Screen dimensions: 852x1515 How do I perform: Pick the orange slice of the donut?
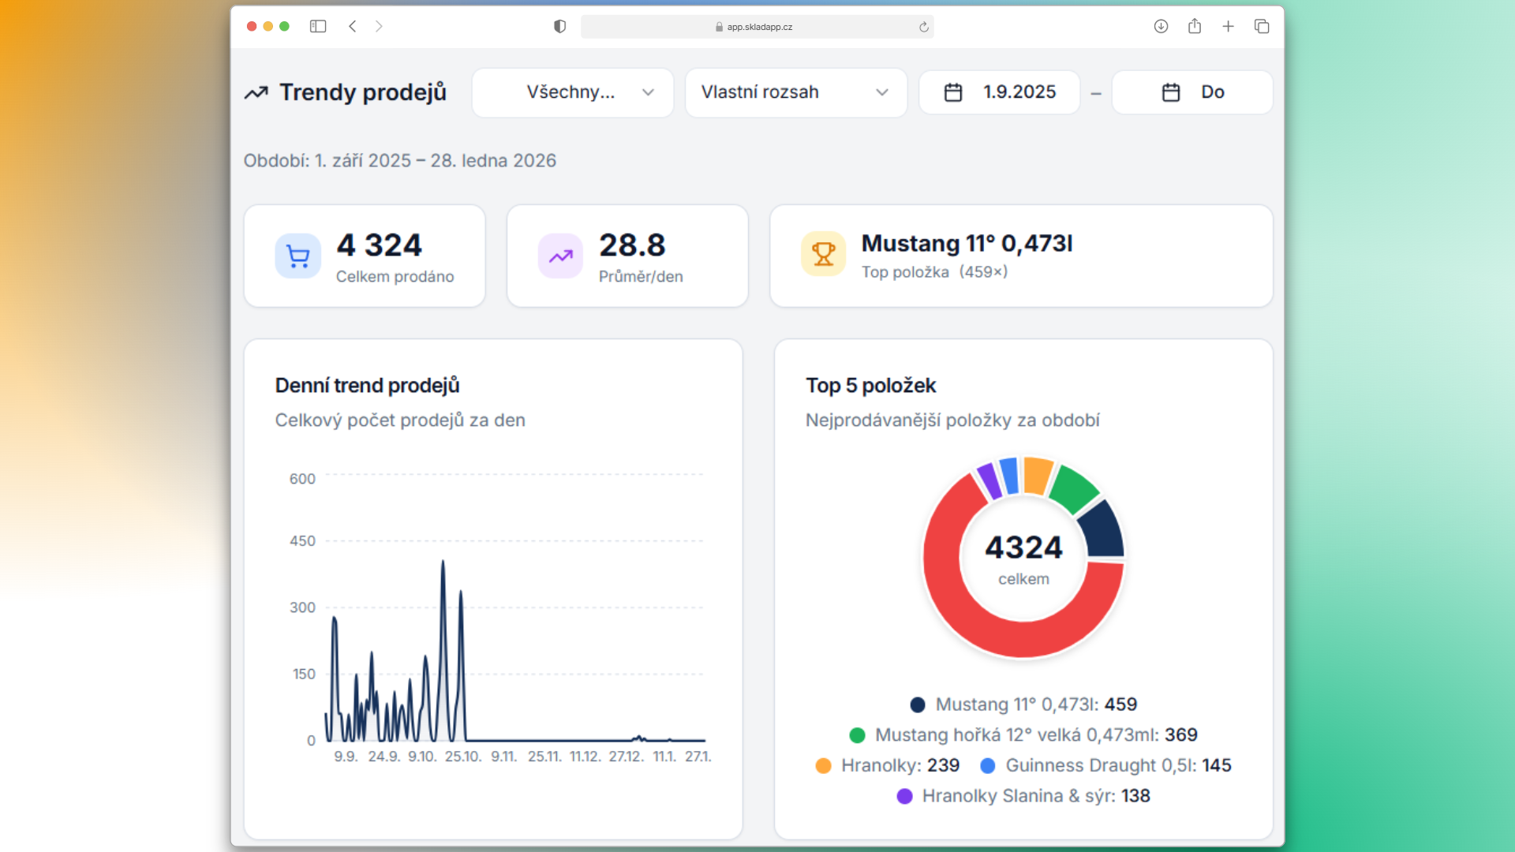1037,476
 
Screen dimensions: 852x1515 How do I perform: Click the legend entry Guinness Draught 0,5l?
1105,765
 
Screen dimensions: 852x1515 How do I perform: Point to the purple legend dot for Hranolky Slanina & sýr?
905,796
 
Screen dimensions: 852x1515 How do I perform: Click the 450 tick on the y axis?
302,541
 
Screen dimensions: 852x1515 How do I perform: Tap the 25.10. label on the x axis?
463,757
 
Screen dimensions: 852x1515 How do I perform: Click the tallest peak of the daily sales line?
443,562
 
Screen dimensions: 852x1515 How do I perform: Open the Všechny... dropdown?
573,92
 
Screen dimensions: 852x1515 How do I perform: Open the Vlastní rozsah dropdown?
795,92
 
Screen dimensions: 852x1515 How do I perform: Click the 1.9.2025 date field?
1000,92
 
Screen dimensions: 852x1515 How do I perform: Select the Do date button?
1192,92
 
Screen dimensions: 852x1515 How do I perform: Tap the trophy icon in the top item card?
823,254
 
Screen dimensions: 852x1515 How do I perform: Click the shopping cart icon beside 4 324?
297,256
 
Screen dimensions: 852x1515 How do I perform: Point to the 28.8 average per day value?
632,245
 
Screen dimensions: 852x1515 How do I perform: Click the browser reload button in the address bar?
924,27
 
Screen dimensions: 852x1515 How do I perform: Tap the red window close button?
252,26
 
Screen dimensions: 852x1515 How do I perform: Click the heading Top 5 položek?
870,386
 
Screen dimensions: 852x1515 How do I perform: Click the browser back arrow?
353,26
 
